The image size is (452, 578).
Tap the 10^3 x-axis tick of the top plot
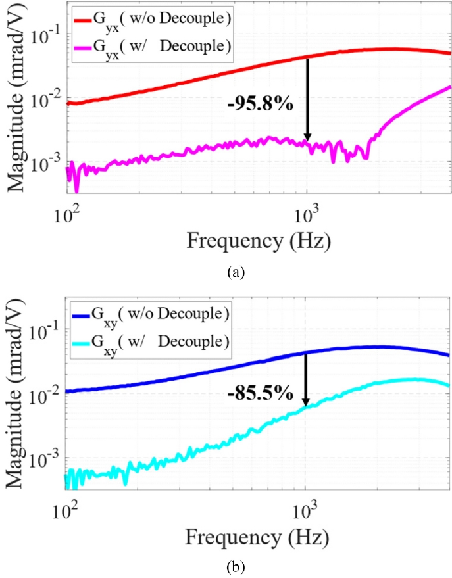pyautogui.click(x=306, y=212)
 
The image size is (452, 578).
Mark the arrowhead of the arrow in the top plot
pyautogui.click(x=307, y=137)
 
